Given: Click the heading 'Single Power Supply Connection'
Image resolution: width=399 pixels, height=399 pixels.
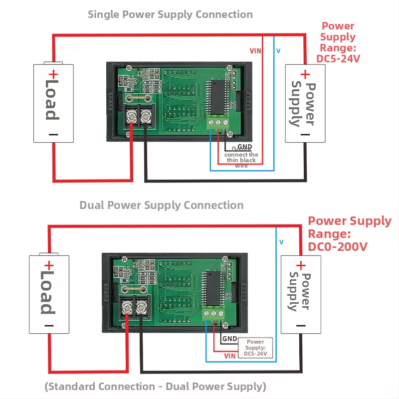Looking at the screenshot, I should [170, 14].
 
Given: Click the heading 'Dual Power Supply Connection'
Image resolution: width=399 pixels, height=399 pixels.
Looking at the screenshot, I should [162, 205].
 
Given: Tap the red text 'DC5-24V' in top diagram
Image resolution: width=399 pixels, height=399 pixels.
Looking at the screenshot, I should [339, 59].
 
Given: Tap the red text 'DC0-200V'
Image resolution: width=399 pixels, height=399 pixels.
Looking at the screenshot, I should [338, 246].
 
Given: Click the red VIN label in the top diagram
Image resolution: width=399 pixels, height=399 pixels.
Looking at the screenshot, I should [255, 51].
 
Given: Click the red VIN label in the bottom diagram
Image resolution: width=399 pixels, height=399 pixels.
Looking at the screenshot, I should [230, 356].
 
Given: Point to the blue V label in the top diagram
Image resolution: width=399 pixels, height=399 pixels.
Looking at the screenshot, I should [278, 51].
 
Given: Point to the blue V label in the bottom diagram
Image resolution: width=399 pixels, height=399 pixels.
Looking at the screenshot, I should [282, 242].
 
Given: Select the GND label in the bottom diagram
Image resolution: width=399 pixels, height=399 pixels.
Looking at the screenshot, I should [230, 339].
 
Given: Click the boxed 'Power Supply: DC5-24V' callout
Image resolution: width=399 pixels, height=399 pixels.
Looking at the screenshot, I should [255, 348].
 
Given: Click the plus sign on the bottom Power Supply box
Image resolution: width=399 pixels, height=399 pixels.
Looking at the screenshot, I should [301, 265].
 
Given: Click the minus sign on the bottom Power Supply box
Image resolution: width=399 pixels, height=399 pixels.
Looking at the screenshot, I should [301, 325].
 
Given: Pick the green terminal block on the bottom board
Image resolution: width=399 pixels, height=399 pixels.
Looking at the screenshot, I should [214, 314].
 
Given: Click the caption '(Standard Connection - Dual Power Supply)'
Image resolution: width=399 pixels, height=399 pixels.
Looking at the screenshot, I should [155, 386].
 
